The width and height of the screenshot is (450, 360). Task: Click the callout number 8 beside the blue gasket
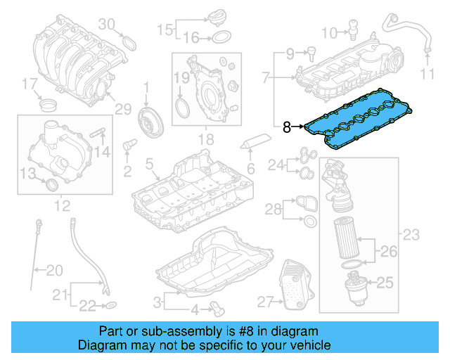[286, 127]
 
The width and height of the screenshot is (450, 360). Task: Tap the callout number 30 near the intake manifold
[106, 24]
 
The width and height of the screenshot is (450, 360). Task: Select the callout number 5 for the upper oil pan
[148, 165]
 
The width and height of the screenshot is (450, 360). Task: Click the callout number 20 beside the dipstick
[54, 269]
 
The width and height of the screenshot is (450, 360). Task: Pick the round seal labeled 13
[50, 184]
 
